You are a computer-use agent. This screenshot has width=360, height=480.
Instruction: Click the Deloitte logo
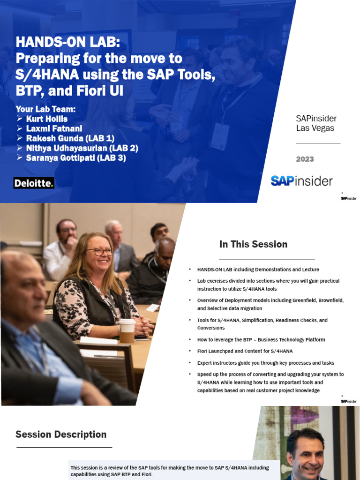(x=34, y=183)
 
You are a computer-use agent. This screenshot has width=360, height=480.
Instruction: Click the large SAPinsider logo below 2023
(x=301, y=181)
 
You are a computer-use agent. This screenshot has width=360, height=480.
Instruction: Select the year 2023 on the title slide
(x=305, y=159)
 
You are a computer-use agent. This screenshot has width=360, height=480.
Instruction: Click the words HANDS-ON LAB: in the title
(x=68, y=43)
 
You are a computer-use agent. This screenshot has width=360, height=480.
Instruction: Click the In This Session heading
(x=253, y=244)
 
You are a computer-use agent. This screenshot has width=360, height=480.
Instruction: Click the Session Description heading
(x=61, y=435)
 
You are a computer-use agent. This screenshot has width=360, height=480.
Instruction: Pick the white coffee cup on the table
(x=127, y=330)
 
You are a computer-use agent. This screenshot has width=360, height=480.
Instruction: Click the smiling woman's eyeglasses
(x=99, y=252)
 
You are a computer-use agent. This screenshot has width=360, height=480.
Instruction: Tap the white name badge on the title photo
(x=220, y=136)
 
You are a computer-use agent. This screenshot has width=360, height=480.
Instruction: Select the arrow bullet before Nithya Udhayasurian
(x=20, y=148)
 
